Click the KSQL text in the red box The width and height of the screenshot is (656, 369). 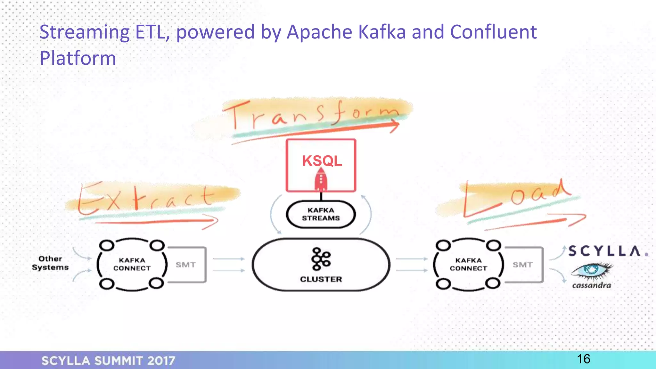(x=322, y=161)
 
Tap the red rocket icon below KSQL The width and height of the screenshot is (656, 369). (x=321, y=180)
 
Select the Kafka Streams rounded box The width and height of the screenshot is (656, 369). (x=321, y=214)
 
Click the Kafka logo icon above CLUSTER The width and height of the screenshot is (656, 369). (x=321, y=259)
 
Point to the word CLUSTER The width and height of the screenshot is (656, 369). (x=321, y=279)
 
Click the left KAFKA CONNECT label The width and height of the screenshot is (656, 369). (x=132, y=264)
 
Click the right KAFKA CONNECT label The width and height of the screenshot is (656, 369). (x=468, y=264)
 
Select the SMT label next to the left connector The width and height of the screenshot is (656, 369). (x=185, y=265)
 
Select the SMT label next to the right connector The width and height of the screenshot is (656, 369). (x=522, y=265)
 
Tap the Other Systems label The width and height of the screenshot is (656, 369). (x=50, y=263)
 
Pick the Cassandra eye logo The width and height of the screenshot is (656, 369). (x=592, y=270)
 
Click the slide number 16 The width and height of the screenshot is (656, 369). (x=584, y=359)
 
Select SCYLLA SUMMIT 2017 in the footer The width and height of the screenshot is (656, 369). (x=108, y=361)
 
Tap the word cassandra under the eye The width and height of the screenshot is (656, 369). (x=592, y=285)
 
